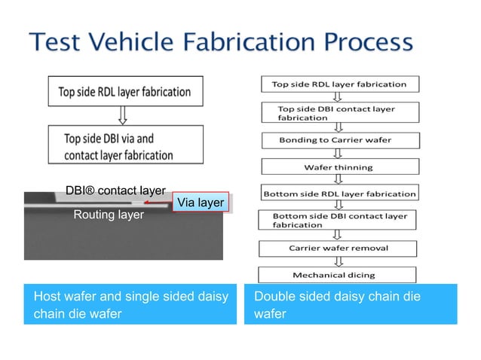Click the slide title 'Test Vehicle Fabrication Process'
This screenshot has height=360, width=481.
tap(221, 42)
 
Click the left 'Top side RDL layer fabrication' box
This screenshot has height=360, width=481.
tap(124, 92)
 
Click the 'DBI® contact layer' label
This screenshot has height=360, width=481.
tap(115, 191)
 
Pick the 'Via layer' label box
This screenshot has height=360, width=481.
tap(199, 203)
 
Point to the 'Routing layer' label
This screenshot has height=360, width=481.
tap(108, 215)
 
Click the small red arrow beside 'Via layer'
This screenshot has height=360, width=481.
tap(158, 203)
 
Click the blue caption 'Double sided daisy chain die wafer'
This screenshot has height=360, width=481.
tap(350, 305)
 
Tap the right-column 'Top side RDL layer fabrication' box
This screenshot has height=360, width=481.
tap(339, 84)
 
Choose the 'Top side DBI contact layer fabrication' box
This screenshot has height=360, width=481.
tap(339, 113)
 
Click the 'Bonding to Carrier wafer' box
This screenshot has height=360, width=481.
tap(339, 140)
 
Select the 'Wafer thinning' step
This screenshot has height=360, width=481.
tap(339, 166)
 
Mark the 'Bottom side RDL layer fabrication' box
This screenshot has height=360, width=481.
tap(339, 194)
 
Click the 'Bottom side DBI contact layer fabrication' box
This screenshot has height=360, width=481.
tap(339, 220)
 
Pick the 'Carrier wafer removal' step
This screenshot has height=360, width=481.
tap(339, 248)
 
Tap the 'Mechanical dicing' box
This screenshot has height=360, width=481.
tap(339, 275)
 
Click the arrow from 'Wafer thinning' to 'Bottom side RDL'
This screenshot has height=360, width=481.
tap(339, 179)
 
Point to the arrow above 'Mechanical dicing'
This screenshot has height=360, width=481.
tap(339, 261)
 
